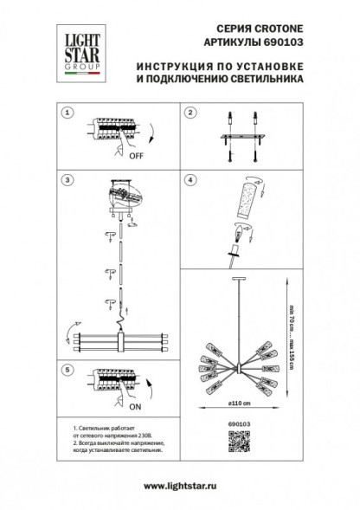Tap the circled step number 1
pos(66,113)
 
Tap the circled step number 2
pos(190,113)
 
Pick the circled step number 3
pos(66,182)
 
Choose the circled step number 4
pos(190,182)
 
